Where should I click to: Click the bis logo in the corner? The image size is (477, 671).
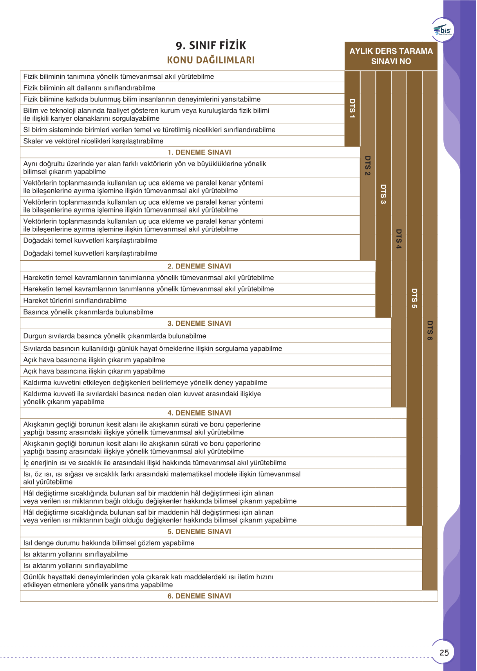point(443,30)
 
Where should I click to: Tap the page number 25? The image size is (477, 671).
point(444,653)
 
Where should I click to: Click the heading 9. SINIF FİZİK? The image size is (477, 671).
point(211,45)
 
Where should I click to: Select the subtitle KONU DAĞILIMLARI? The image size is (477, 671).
point(211,60)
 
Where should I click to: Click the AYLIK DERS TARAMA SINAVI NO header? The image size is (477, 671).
point(391,56)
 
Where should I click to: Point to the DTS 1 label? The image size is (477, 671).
point(352,109)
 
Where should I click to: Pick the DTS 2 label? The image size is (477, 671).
point(368,165)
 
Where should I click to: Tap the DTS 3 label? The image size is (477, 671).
point(383,194)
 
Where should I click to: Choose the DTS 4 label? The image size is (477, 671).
point(399,239)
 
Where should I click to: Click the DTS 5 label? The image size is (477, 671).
point(414,298)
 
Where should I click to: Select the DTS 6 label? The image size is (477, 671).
point(430,330)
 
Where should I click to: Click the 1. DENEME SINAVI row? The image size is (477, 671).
point(199,152)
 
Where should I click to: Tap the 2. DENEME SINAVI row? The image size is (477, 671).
point(199,267)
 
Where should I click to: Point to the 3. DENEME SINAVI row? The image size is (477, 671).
point(199,323)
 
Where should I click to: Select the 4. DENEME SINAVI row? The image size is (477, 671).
point(199,413)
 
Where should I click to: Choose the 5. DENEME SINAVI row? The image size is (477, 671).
point(199,531)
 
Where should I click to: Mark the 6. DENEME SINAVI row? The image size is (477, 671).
point(199,596)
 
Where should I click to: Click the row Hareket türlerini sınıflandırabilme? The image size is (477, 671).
point(75,301)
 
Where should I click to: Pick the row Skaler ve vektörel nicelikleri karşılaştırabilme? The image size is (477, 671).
point(93,141)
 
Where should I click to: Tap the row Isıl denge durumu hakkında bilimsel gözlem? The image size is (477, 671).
point(109,543)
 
